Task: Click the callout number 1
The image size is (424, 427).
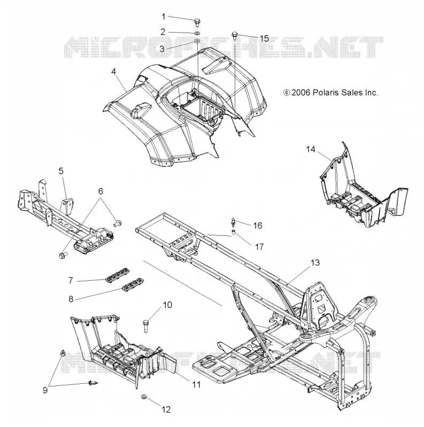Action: pyautogui.click(x=164, y=17)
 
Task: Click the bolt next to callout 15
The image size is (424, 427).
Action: pyautogui.click(x=234, y=35)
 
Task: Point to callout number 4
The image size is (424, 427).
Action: pyautogui.click(x=113, y=72)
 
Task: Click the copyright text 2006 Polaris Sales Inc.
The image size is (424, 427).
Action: pyautogui.click(x=330, y=92)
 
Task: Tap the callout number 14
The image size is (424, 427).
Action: pyautogui.click(x=311, y=149)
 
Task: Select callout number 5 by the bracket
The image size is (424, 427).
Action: pyautogui.click(x=61, y=171)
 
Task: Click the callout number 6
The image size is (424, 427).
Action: pyautogui.click(x=101, y=191)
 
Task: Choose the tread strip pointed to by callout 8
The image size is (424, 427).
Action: pyautogui.click(x=133, y=284)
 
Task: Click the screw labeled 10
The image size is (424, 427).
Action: pyautogui.click(x=145, y=326)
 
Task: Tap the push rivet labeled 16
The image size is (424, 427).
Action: pyautogui.click(x=233, y=223)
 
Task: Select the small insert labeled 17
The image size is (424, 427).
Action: pyautogui.click(x=233, y=232)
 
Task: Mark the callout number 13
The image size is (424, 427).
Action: pyautogui.click(x=315, y=263)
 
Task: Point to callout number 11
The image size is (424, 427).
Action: pyautogui.click(x=196, y=384)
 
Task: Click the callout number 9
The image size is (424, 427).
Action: pyautogui.click(x=45, y=390)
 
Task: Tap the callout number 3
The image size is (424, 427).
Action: pyautogui.click(x=162, y=49)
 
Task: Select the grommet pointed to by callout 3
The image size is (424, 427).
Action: pyautogui.click(x=197, y=42)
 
